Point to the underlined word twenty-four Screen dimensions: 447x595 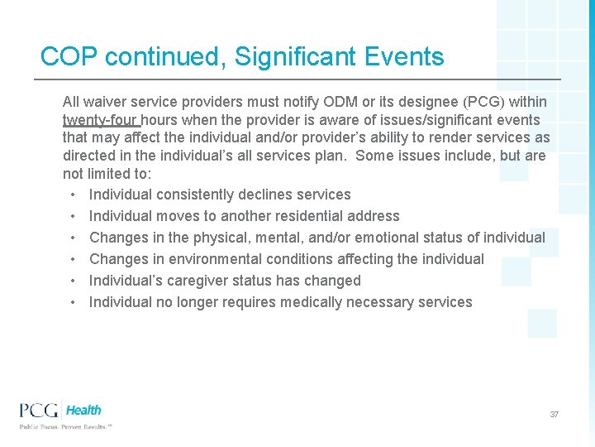point(100,120)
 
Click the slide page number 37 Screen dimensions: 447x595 point(555,414)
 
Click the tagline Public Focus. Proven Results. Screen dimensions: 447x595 point(65,427)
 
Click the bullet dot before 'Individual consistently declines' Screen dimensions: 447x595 point(74,195)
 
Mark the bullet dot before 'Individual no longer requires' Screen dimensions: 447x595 point(74,302)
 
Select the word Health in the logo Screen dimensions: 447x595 point(83,410)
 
